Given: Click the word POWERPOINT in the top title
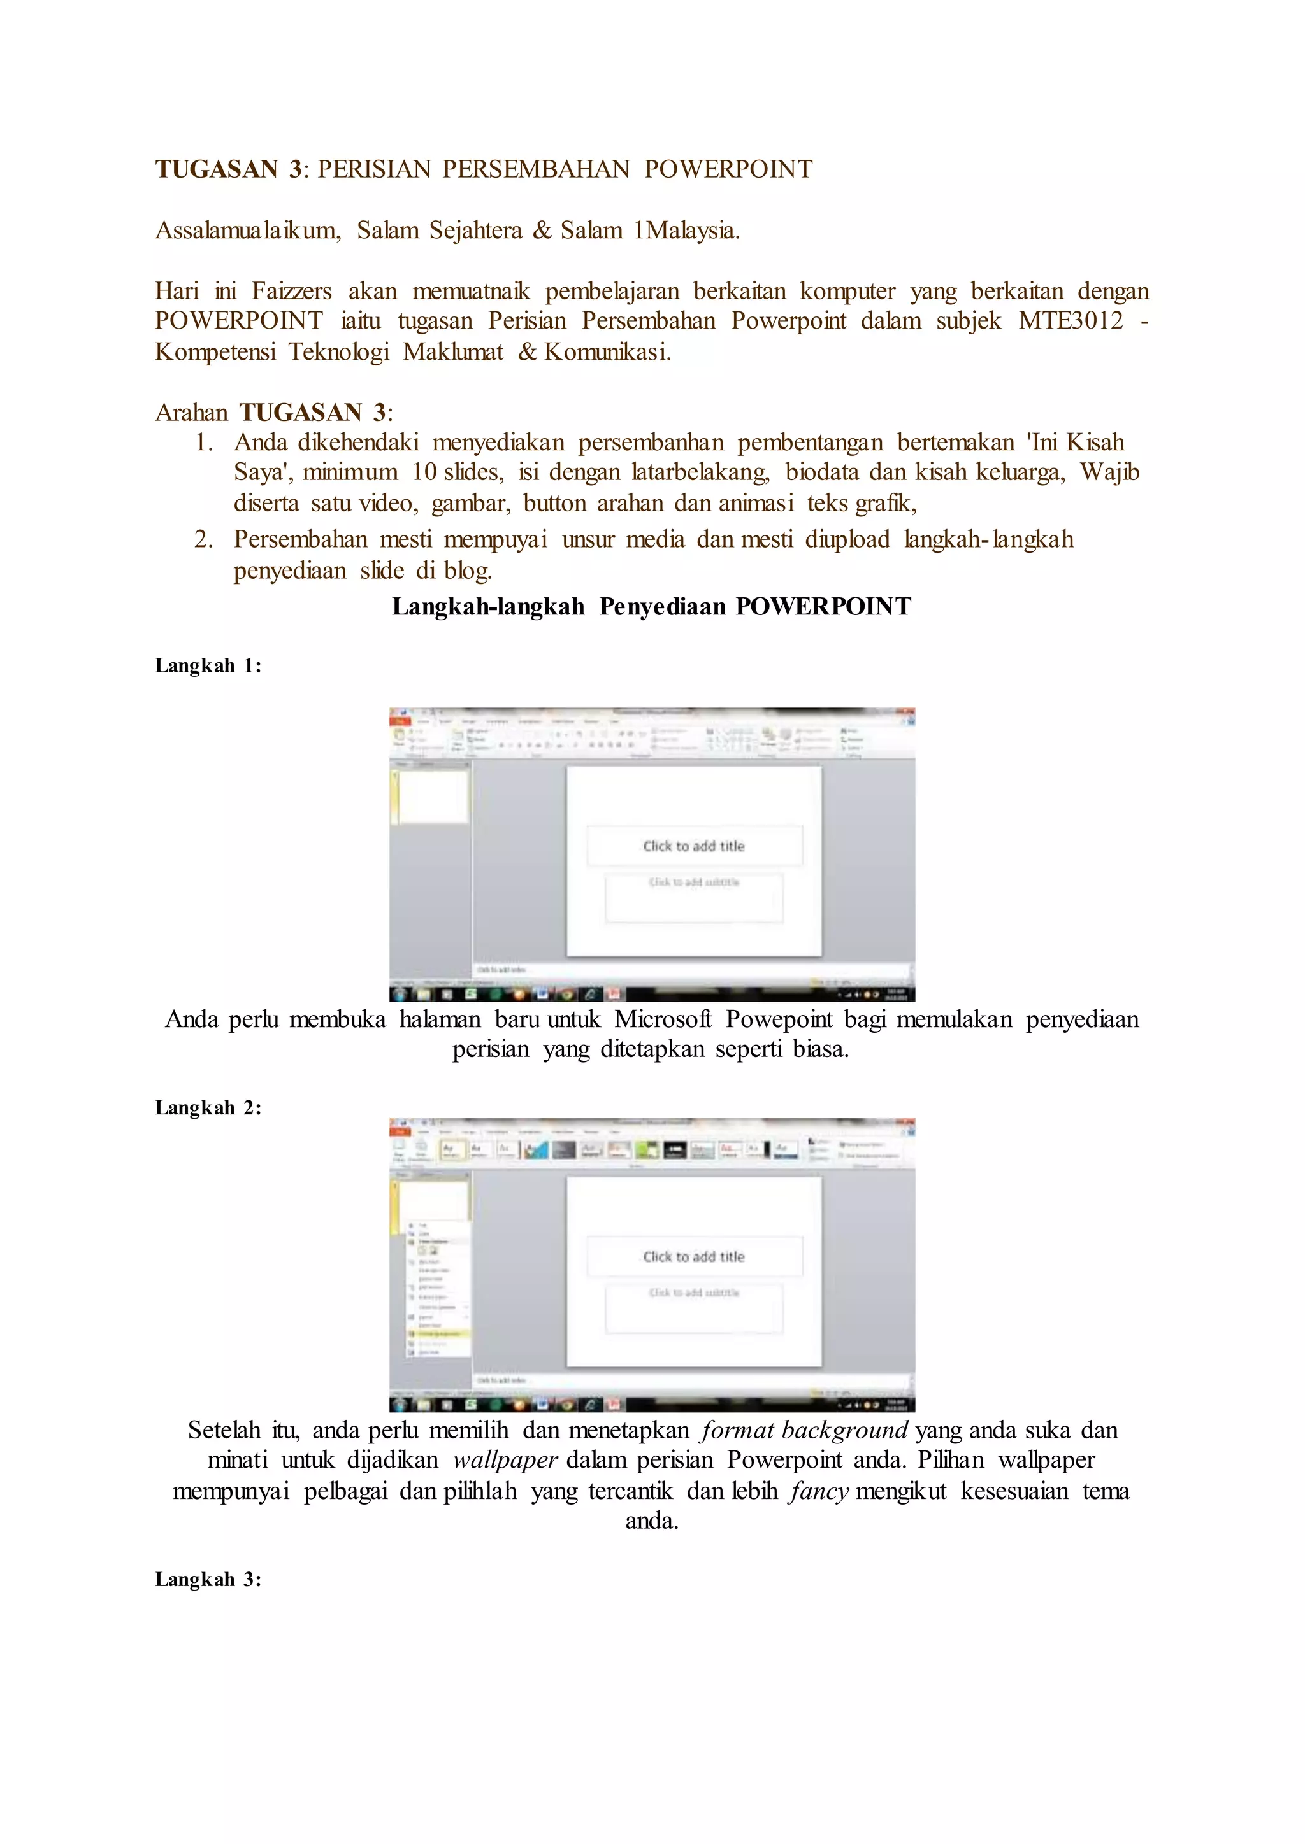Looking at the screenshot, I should pos(728,169).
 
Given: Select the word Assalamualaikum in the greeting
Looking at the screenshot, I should pos(247,230).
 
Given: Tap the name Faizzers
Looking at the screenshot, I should pos(291,291).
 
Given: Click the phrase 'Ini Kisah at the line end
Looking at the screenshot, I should pos(1076,443).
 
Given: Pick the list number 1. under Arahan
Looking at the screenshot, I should pos(204,443).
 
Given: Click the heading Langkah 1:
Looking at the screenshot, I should pos(208,666).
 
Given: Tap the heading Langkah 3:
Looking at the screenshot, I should pos(208,1579).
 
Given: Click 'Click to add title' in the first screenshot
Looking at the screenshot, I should pos(693,846).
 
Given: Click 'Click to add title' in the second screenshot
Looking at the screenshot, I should pos(693,1257).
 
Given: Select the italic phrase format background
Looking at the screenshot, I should pos(804,1430).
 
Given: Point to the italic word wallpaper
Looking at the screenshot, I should pos(505,1460).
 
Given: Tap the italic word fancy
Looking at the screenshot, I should pos(819,1491).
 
